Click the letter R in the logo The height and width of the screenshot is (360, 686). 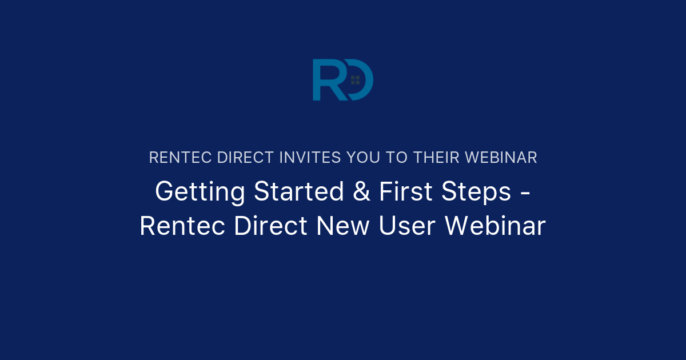pos(324,80)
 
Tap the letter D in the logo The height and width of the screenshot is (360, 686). pos(363,80)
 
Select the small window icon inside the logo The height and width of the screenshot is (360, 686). pos(355,80)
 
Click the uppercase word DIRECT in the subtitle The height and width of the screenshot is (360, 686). pos(246,158)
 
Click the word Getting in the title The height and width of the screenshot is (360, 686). pos(200,192)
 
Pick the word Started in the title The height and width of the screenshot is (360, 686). pos(299,191)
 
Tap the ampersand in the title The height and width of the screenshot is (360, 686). pos(361,191)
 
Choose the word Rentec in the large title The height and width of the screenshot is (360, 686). pos(183,226)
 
